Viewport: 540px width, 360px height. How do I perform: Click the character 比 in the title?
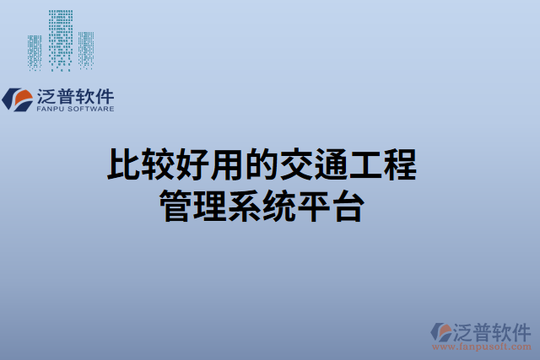click(123, 165)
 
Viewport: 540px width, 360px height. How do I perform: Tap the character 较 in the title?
click(159, 165)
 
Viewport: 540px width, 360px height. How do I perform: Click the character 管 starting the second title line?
click(176, 206)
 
